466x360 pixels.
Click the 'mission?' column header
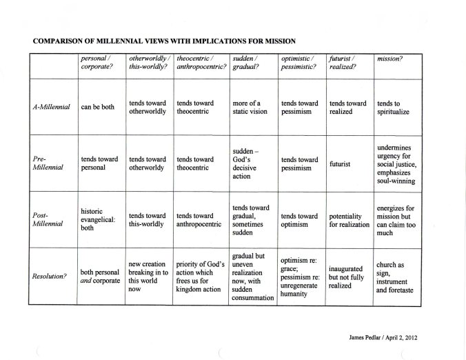pos(389,59)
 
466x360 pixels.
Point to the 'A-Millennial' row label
pos(52,108)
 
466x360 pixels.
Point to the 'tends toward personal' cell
pos(99,163)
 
